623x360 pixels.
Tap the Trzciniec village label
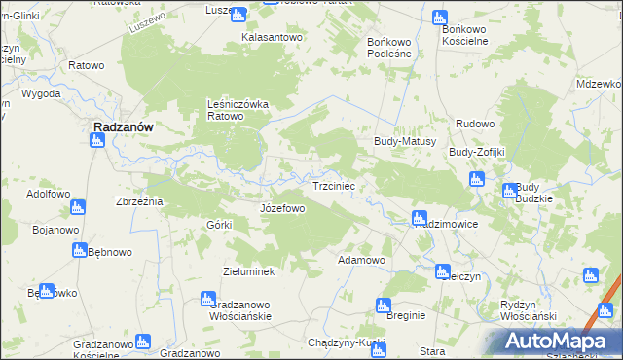tap(339, 185)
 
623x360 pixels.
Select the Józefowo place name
tap(283, 208)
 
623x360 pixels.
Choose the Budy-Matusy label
tap(404, 141)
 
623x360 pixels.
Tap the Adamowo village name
tap(361, 261)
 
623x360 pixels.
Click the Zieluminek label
tap(255, 271)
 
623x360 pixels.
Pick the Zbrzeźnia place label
tap(139, 201)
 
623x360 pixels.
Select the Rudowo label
tap(476, 124)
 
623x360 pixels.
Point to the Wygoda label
tap(41, 93)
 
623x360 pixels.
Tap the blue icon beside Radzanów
tap(95, 141)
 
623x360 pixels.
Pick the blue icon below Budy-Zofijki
tap(476, 179)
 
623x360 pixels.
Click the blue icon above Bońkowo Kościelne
tap(440, 17)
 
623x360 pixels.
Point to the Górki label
tap(218, 225)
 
